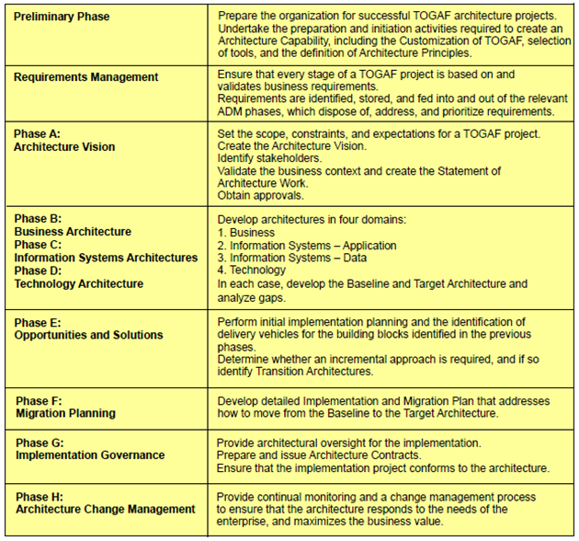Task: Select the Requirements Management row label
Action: pos(85,77)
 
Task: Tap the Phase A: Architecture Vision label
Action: pos(64,141)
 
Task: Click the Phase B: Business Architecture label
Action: pos(72,225)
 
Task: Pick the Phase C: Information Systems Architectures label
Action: pos(105,251)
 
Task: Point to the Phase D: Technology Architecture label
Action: pos(78,277)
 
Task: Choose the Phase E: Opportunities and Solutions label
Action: pos(88,328)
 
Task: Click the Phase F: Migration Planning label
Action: pos(65,407)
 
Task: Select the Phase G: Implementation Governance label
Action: pos(89,449)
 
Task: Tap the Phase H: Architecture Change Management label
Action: pos(105,502)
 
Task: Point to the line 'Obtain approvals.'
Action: pos(261,195)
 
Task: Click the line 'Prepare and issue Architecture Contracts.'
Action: pos(319,455)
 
